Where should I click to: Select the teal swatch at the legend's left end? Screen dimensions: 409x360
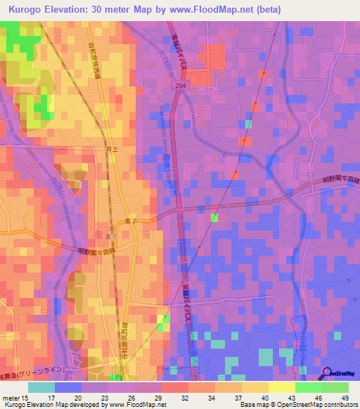41,387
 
